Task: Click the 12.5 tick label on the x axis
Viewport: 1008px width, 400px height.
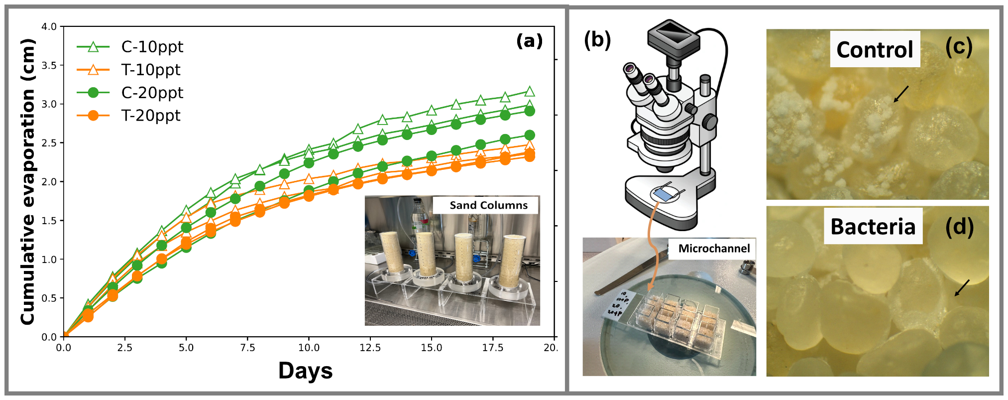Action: tap(370, 348)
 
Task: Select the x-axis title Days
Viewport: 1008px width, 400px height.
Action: tap(305, 371)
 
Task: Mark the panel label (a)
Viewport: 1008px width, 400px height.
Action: tap(529, 41)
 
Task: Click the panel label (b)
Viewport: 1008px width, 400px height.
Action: tap(597, 40)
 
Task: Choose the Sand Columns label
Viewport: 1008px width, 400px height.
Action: tap(488, 205)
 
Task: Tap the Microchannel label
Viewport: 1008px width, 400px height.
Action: tap(714, 249)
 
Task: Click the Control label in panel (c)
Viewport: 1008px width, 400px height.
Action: tap(875, 50)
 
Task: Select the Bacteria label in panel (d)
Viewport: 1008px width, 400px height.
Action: tap(873, 227)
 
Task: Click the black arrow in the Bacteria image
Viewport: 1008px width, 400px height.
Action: tap(962, 287)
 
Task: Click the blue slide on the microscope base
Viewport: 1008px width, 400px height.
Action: tap(664, 194)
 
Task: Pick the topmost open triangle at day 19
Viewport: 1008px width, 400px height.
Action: tap(530, 92)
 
